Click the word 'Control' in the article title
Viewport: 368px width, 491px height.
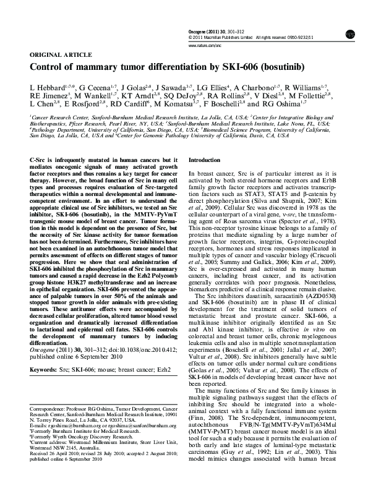49,67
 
